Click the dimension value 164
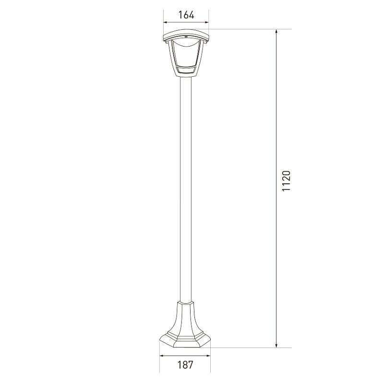[x=186, y=15]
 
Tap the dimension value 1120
[x=286, y=181]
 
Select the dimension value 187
[x=185, y=365]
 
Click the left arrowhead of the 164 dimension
[x=166, y=22]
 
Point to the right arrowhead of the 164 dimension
[x=206, y=22]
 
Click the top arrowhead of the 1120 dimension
[x=276, y=32]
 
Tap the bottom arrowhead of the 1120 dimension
[x=276, y=345]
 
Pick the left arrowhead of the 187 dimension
[x=162, y=356]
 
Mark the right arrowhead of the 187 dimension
[x=208, y=356]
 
